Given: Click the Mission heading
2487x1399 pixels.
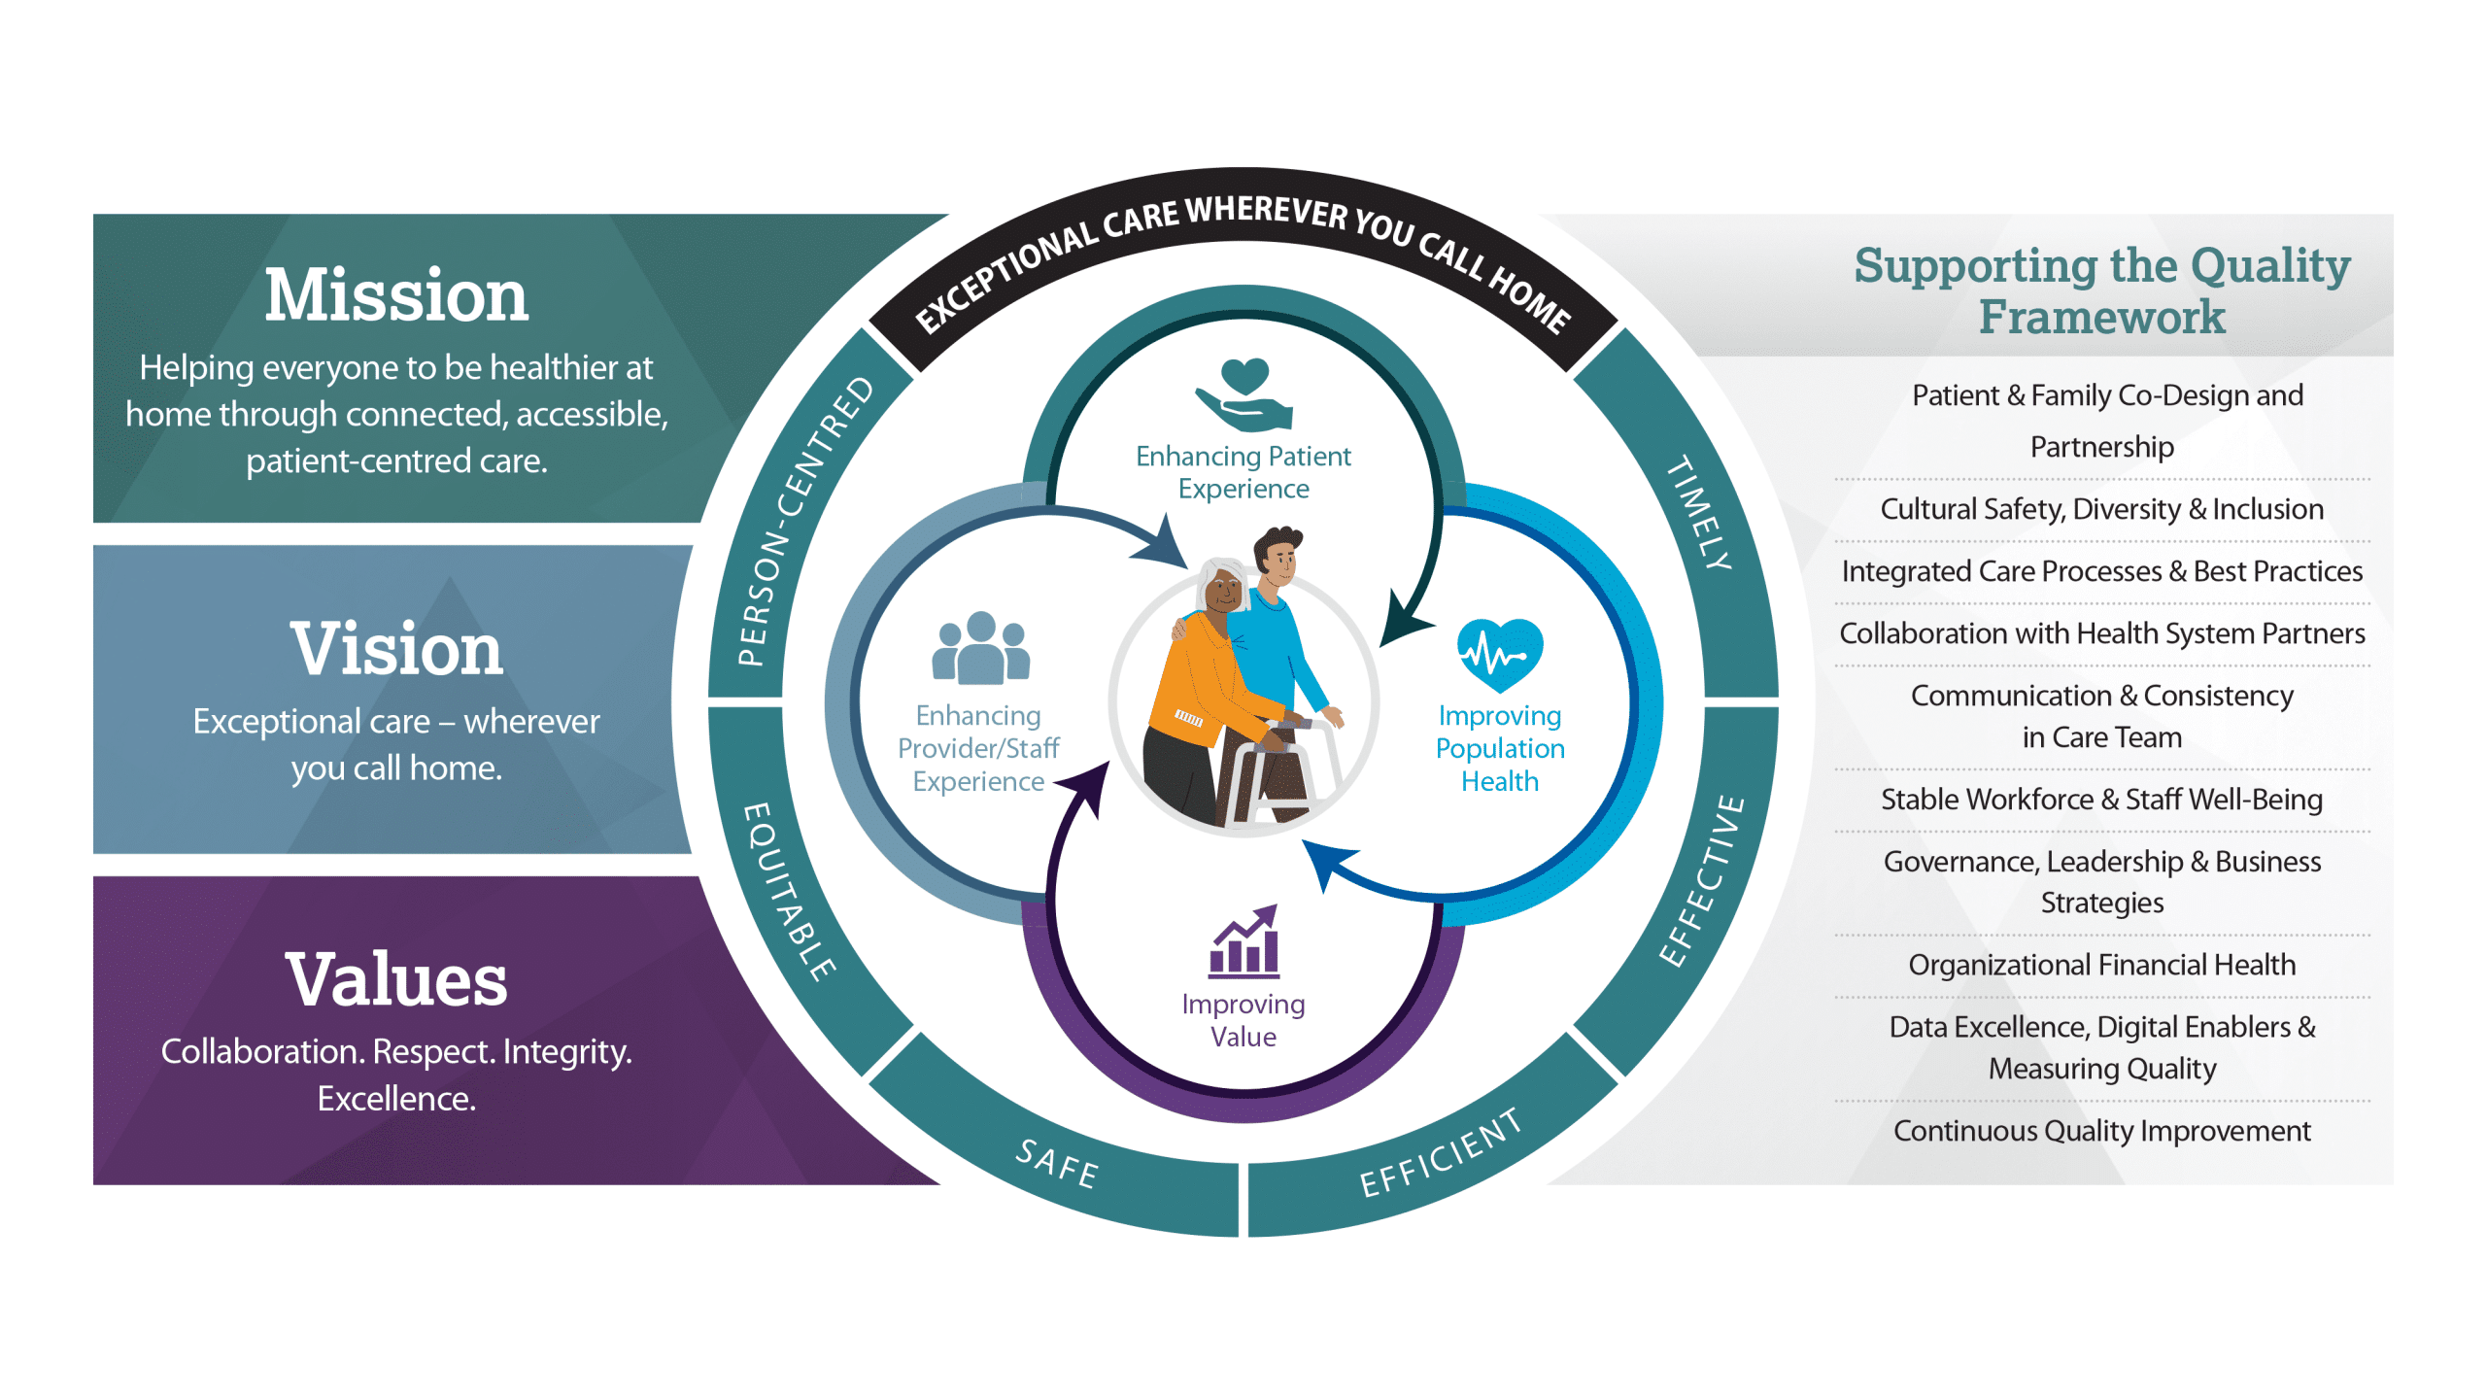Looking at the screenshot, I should [396, 295].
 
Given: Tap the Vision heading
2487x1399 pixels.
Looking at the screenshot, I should [396, 649].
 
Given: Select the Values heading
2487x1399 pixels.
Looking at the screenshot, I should [396, 979].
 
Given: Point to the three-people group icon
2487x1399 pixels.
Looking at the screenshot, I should [980, 648].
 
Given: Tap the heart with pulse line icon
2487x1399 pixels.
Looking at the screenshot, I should [1500, 654].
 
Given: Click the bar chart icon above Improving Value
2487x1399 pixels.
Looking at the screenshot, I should [1244, 942].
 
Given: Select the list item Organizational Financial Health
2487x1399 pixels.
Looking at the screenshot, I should [2101, 965].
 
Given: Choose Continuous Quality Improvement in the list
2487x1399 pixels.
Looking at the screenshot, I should [2101, 1131].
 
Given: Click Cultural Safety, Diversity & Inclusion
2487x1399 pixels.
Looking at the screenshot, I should [2101, 509].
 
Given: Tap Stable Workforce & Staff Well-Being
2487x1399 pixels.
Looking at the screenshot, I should [2101, 800].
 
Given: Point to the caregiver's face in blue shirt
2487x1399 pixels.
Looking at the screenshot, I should [1280, 561].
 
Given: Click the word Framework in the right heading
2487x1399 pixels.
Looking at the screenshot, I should [2101, 317].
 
